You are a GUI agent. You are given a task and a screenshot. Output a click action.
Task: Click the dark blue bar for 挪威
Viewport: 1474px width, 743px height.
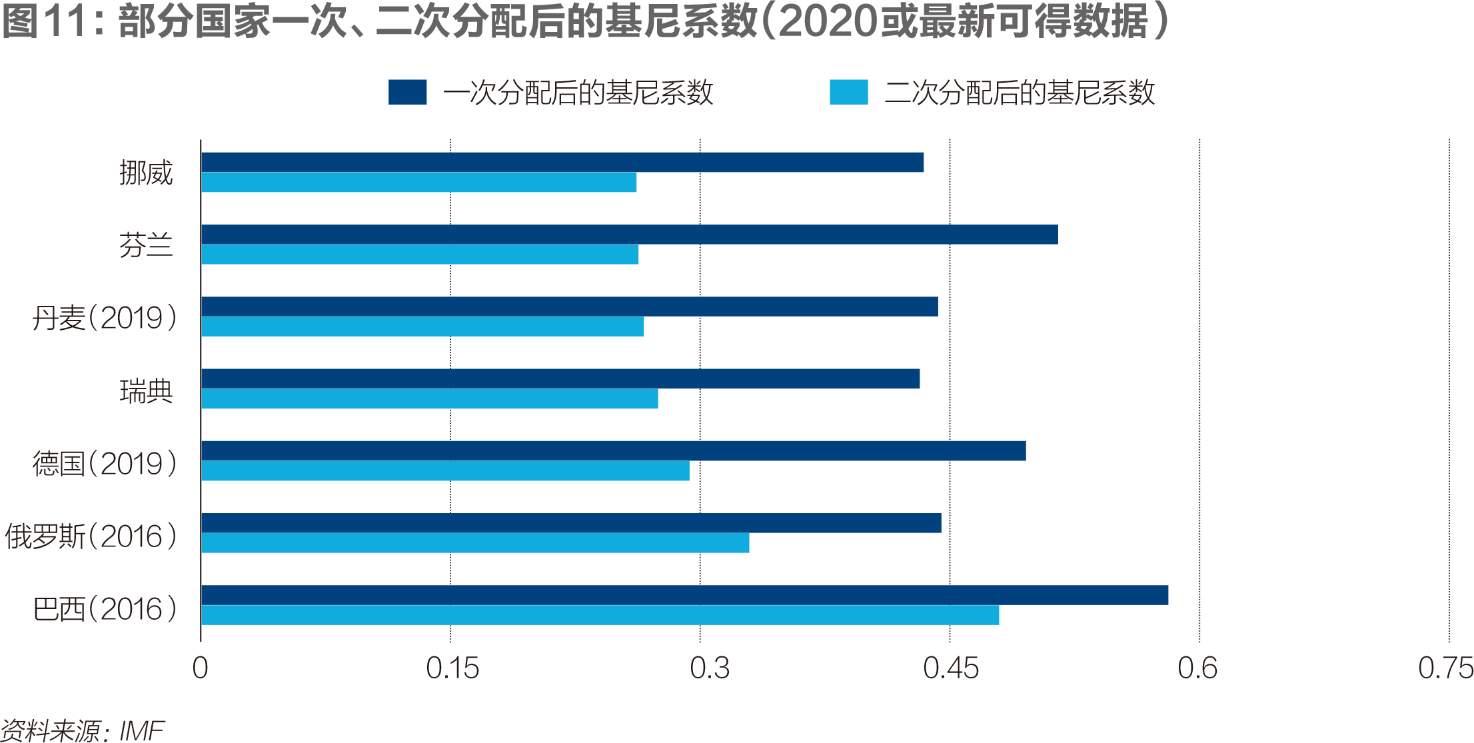[562, 163]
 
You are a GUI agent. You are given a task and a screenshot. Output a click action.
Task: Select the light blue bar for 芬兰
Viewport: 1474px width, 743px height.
[420, 255]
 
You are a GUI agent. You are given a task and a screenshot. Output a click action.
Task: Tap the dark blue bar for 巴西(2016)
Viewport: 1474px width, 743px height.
[684, 595]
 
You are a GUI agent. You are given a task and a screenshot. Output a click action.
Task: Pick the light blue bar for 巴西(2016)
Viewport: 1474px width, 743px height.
[600, 615]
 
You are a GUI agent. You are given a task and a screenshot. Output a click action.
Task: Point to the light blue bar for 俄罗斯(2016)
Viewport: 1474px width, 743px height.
[475, 543]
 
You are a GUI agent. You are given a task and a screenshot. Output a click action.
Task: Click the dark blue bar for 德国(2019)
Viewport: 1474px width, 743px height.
[613, 451]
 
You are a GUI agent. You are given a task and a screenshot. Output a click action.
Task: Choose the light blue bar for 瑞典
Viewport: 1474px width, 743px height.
[430, 398]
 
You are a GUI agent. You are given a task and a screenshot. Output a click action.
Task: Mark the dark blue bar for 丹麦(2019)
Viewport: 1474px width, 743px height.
[570, 307]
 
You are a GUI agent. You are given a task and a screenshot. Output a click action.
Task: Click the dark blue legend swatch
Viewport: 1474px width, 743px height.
[407, 92]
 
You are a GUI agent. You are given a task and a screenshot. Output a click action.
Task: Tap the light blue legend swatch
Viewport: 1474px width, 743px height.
[848, 92]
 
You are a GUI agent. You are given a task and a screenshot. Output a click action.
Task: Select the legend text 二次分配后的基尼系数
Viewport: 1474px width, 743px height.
[1020, 93]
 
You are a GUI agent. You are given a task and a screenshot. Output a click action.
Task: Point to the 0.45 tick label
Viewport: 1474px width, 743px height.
[951, 668]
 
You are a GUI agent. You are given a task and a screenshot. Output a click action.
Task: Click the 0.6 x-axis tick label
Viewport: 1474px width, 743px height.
[1197, 668]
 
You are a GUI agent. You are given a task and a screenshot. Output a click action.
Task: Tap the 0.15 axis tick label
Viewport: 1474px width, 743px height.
[452, 668]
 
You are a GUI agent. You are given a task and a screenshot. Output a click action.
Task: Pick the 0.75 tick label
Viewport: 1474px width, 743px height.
[1445, 668]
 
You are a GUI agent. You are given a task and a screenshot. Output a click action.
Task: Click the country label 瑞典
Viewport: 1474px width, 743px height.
[146, 391]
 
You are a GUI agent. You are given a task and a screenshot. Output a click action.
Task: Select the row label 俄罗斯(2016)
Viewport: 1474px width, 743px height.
[91, 536]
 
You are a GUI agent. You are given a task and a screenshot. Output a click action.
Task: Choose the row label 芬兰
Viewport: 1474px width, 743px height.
[146, 245]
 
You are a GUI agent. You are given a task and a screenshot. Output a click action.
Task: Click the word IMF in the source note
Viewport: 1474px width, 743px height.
[141, 731]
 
